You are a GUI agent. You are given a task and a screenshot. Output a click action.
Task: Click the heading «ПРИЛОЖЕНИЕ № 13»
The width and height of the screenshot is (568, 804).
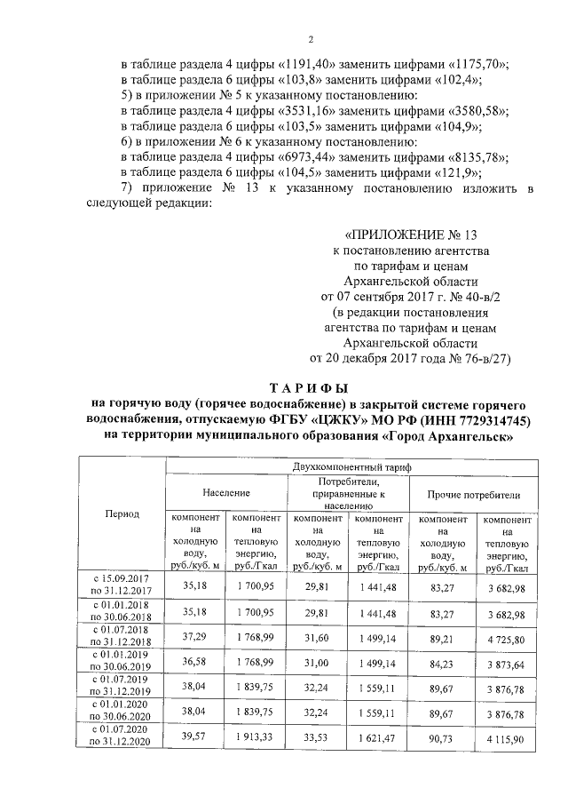pos(410,235)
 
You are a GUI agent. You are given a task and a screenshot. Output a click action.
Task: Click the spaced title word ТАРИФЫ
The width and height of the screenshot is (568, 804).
pos(309,388)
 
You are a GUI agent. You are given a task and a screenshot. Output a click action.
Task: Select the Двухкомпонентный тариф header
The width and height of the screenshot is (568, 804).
pos(351,466)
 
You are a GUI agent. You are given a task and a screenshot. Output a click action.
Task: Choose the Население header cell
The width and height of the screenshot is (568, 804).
pos(225,492)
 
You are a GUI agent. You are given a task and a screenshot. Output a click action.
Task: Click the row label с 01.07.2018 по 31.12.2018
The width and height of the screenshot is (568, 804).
pos(122,638)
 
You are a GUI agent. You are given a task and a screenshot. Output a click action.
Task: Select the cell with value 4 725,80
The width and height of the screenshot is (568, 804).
pos(505,639)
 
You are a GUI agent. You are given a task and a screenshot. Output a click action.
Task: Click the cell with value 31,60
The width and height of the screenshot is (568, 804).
pos(318,638)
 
